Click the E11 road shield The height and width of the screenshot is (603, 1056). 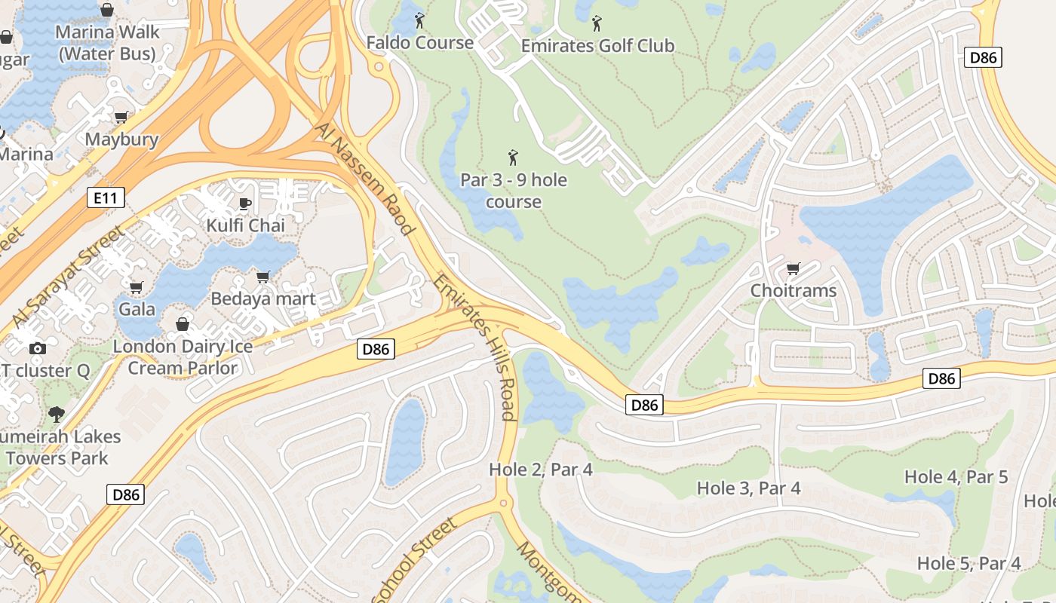click(105, 198)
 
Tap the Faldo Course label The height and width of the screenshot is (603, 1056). click(419, 42)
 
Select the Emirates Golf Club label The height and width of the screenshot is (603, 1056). click(597, 45)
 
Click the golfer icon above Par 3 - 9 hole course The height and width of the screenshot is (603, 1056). click(514, 158)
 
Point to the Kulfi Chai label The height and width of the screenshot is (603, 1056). click(245, 225)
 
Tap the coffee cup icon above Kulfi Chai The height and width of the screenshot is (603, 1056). click(245, 204)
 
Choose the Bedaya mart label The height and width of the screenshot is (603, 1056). click(262, 298)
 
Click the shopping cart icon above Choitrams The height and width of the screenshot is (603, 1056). click(793, 269)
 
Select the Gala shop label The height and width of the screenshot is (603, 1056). click(137, 309)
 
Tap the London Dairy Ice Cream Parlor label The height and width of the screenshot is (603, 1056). click(183, 357)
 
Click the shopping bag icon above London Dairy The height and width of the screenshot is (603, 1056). click(183, 324)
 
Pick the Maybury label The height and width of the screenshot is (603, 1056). click(121, 139)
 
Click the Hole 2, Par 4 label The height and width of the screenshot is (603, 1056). click(540, 470)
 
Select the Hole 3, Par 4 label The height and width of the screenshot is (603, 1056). click(748, 488)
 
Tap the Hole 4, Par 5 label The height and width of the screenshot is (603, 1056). click(956, 476)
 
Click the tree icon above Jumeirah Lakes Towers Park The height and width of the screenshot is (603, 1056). click(56, 414)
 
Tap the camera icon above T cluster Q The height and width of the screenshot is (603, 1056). click(37, 348)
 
